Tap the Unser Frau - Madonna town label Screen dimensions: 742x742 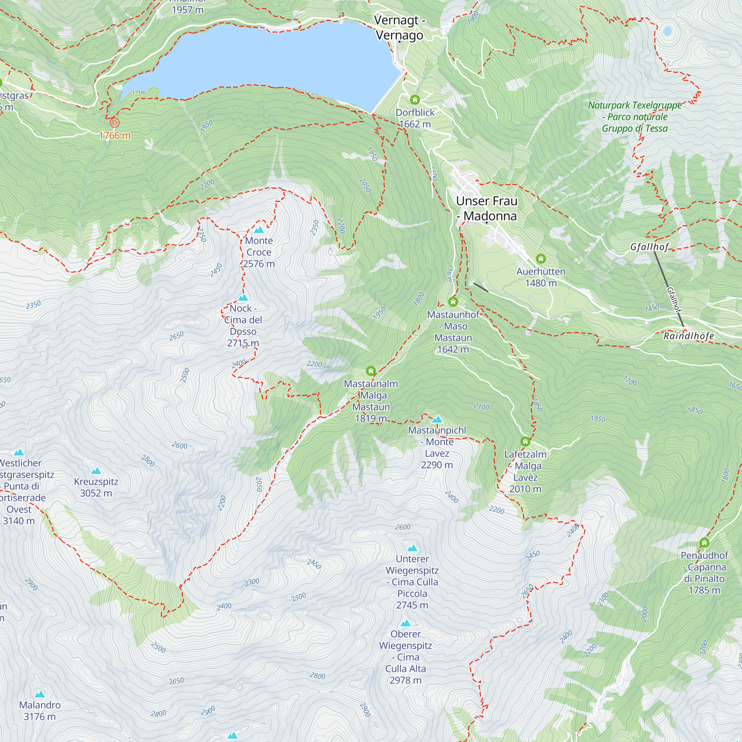(x=487, y=208)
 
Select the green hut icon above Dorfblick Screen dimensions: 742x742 (x=415, y=100)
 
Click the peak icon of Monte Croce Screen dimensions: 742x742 (x=259, y=230)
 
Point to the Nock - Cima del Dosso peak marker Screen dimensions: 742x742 (x=243, y=298)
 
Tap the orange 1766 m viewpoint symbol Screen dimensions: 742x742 (x=114, y=123)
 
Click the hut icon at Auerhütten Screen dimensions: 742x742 (x=541, y=259)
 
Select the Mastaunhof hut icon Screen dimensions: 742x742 (x=453, y=302)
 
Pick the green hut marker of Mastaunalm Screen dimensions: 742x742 (x=371, y=371)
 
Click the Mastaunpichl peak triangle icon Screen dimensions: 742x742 (x=437, y=419)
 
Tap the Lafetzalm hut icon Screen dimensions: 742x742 (x=525, y=441)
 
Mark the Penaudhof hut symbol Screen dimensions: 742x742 (x=704, y=543)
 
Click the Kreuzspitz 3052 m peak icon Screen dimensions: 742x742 (x=96, y=471)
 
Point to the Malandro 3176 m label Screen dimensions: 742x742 (x=40, y=710)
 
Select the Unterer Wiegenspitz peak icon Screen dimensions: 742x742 (x=412, y=548)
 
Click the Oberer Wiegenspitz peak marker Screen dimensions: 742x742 (x=406, y=623)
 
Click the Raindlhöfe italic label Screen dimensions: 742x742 (x=689, y=336)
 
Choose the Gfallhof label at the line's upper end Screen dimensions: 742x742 (x=650, y=247)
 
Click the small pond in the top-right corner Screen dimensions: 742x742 (x=667, y=31)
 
